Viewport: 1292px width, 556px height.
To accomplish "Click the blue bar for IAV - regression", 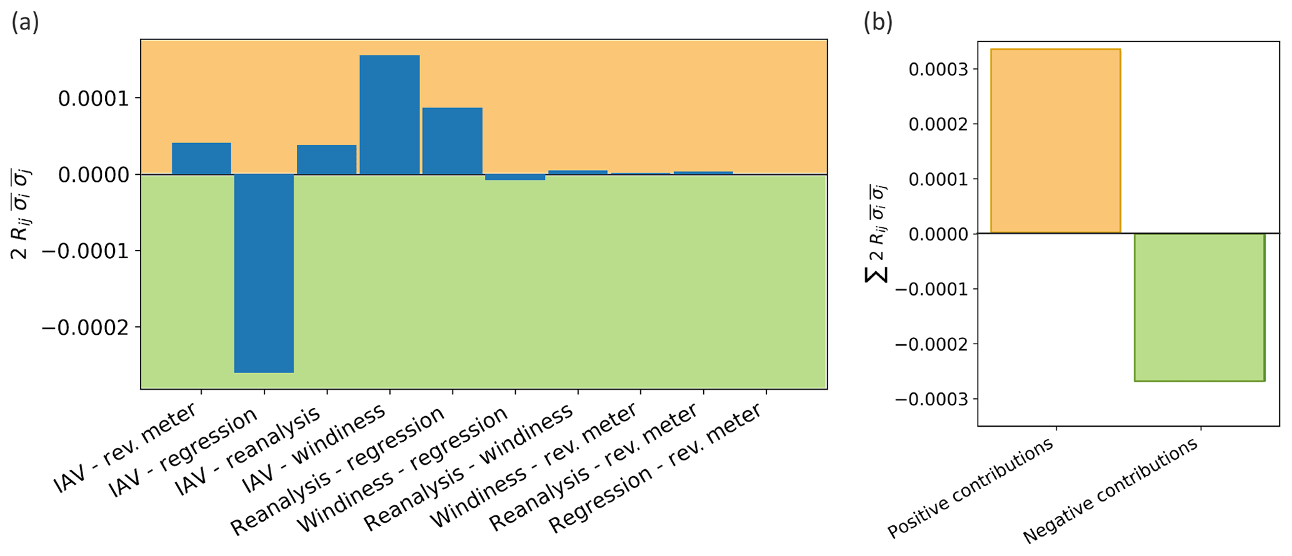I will pyautogui.click(x=264, y=273).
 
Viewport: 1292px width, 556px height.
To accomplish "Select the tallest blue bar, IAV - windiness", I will pyautogui.click(x=389, y=114).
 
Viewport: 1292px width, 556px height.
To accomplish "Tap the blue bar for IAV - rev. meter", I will pyautogui.click(x=201, y=159).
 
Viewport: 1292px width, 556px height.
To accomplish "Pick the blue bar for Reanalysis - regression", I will pyautogui.click(x=452, y=141).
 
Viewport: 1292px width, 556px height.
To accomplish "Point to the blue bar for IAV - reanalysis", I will pyautogui.click(x=326, y=159).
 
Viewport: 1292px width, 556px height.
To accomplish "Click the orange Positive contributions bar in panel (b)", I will pyautogui.click(x=1056, y=141).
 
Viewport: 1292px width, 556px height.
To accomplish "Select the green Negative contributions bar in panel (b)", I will pyautogui.click(x=1199, y=307).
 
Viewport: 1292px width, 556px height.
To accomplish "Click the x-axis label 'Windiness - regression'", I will pyautogui.click(x=403, y=470).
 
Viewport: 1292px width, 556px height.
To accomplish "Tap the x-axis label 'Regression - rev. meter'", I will pyautogui.click(x=656, y=469).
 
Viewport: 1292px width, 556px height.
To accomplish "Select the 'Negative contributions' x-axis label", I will pyautogui.click(x=1111, y=491).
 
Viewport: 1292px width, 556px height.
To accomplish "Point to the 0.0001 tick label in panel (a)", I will pyautogui.click(x=94, y=98).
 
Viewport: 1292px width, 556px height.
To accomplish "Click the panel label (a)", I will pyautogui.click(x=25, y=22).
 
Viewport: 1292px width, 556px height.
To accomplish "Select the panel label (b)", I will pyautogui.click(x=878, y=22).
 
